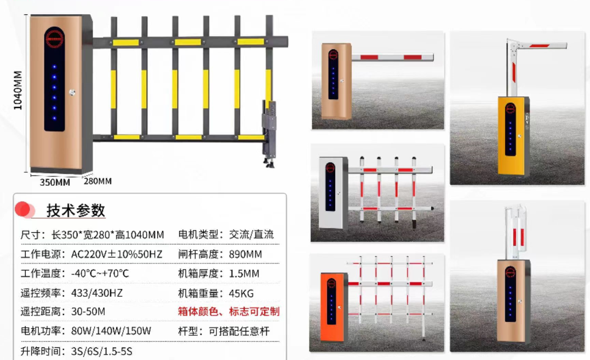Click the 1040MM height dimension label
click(x=18, y=90)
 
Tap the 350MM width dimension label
click(x=55, y=182)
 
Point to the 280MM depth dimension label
click(x=98, y=181)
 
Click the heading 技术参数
click(x=76, y=210)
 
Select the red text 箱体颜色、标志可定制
click(x=229, y=311)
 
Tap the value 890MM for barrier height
click(x=245, y=254)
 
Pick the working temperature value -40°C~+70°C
click(x=100, y=273)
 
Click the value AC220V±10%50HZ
click(x=117, y=254)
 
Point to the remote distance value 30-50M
click(x=88, y=311)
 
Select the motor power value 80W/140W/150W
click(x=111, y=331)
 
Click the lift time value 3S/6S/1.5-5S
click(x=101, y=351)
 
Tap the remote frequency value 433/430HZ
click(x=97, y=293)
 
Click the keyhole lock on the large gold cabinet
click(x=72, y=92)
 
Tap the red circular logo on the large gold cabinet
click(x=55, y=39)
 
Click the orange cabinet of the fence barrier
click(x=333, y=307)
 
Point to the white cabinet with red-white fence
click(x=333, y=193)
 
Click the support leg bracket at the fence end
click(x=270, y=134)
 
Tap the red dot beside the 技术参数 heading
click(x=22, y=209)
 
